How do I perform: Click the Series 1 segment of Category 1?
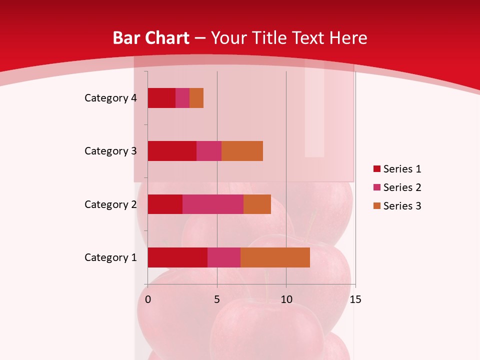pyautogui.click(x=177, y=257)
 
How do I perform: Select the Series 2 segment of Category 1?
pyautogui.click(x=224, y=257)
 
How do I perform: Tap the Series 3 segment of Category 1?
pyautogui.click(x=275, y=257)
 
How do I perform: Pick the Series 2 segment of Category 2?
pyautogui.click(x=213, y=204)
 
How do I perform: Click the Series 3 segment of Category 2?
pyautogui.click(x=257, y=204)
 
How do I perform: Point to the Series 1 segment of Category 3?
pyautogui.click(x=172, y=151)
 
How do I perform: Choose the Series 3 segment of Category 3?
pyautogui.click(x=242, y=151)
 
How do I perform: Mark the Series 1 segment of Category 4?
pyautogui.click(x=161, y=98)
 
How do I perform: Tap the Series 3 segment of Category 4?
pyautogui.click(x=196, y=98)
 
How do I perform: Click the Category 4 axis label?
pyautogui.click(x=110, y=98)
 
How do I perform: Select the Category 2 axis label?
pyautogui.click(x=110, y=204)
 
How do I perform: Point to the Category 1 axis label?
pyautogui.click(x=110, y=257)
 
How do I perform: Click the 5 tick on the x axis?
pyautogui.click(x=217, y=299)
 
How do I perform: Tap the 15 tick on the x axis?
pyautogui.click(x=355, y=299)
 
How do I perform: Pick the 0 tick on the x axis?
pyautogui.click(x=148, y=299)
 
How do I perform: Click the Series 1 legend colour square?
pyautogui.click(x=376, y=169)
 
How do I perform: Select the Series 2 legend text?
pyautogui.click(x=402, y=187)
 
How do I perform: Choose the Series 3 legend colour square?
pyautogui.click(x=376, y=206)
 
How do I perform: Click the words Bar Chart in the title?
pyautogui.click(x=151, y=38)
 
